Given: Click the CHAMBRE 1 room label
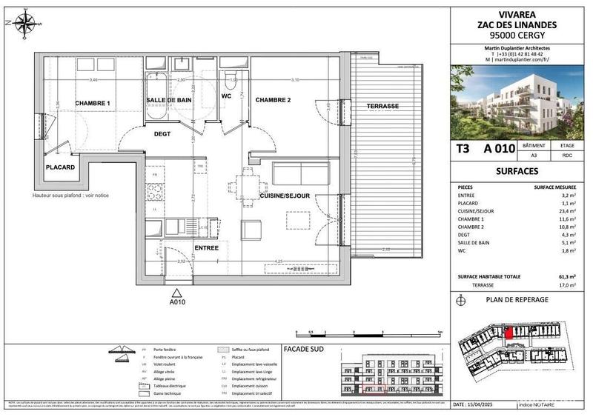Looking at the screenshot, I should (x=93, y=103).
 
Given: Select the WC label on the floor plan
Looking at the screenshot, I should (x=227, y=96).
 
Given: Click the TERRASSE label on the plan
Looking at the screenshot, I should (x=382, y=107).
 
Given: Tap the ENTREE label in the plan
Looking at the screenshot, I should (x=206, y=247).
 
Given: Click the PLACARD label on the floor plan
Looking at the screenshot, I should (x=62, y=167).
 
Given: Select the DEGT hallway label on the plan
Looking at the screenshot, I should (x=162, y=134).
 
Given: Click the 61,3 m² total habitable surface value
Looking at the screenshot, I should (x=569, y=276).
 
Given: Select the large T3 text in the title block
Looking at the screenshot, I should (x=463, y=148).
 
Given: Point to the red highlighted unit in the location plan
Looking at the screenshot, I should (x=508, y=333).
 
